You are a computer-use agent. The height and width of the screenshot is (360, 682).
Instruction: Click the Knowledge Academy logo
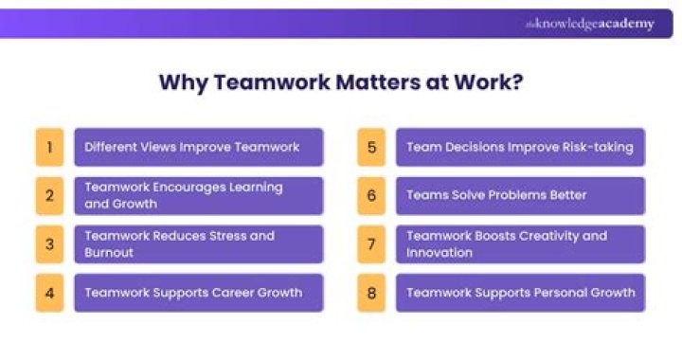589,24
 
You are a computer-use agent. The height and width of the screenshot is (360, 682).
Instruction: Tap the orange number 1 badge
49,147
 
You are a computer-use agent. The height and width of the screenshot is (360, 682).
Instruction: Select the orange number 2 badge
49,195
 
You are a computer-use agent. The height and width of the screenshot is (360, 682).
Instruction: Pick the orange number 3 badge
49,244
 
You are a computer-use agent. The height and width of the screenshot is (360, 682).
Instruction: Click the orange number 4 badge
49,293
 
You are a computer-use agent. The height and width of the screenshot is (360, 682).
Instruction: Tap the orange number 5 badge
371,147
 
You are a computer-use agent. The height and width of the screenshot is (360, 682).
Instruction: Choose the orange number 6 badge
371,195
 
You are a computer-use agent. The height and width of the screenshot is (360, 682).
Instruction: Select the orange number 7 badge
371,244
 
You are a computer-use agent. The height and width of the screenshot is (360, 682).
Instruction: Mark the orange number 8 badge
371,293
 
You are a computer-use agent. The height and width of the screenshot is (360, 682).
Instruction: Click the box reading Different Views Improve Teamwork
199,147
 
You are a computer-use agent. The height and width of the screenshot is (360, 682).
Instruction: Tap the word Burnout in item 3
110,253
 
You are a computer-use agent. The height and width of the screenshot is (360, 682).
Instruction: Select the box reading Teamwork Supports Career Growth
199,293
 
